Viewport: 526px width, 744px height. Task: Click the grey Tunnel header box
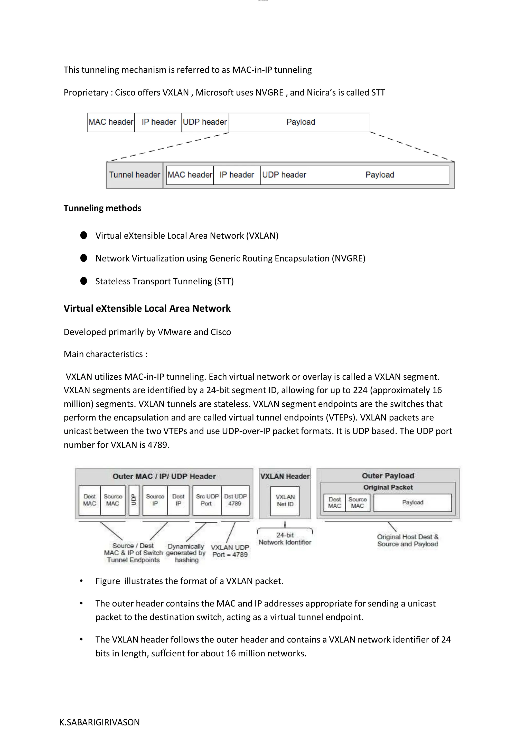click(x=134, y=175)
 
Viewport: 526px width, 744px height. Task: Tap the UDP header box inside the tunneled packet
click(x=284, y=175)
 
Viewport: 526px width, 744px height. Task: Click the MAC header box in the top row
click(x=111, y=122)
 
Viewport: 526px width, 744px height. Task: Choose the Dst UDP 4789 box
click(x=235, y=500)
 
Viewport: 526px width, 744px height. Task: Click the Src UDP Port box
click(x=207, y=500)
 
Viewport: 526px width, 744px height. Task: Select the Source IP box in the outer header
click(x=155, y=500)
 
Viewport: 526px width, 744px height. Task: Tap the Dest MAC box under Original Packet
click(x=335, y=503)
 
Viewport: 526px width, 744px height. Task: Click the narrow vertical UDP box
click(x=134, y=500)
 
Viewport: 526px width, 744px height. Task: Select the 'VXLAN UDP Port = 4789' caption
click(x=230, y=551)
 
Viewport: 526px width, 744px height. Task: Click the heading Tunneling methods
click(x=102, y=208)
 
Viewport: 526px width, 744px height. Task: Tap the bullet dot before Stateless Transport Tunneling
click(x=83, y=281)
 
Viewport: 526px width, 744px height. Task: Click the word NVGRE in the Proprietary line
click(x=269, y=93)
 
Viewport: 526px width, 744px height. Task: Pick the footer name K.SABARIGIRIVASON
click(x=99, y=722)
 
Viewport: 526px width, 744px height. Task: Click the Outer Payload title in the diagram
click(x=388, y=476)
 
